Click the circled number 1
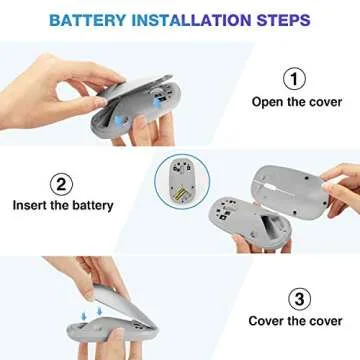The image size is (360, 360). pos(294,77)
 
